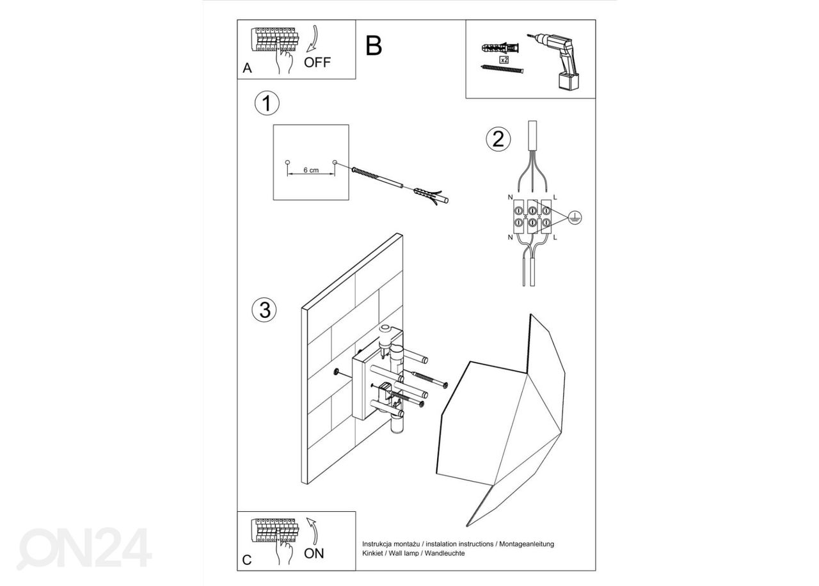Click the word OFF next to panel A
318,62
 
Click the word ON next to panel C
314,553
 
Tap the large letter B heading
374,45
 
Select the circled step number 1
266,104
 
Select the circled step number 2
498,139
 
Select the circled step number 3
264,310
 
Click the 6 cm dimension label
311,170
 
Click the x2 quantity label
504,59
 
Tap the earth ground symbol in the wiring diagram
574,218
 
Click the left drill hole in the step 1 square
287,162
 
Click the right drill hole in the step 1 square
335,162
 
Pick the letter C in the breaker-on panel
247,561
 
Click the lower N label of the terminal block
510,237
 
